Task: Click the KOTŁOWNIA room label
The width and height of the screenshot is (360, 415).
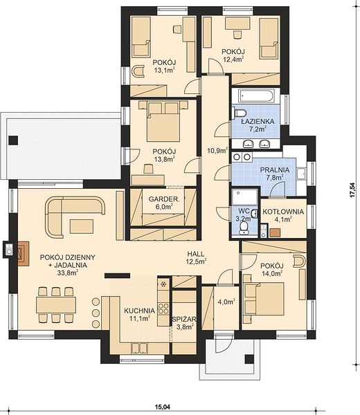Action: click(x=283, y=212)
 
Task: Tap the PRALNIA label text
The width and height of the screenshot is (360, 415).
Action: click(x=274, y=170)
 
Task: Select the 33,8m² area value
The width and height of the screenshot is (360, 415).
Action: click(x=68, y=273)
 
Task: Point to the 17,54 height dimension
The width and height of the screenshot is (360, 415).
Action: click(x=352, y=190)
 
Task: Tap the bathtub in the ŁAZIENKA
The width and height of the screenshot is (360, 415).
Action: click(x=255, y=96)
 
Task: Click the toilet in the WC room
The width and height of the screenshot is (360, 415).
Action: click(x=243, y=228)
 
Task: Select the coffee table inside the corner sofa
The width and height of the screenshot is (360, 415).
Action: click(x=82, y=227)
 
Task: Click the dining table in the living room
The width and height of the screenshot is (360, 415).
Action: click(x=56, y=305)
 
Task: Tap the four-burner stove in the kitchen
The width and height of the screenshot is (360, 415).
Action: click(x=163, y=308)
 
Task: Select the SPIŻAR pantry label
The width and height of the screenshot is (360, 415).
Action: click(x=184, y=320)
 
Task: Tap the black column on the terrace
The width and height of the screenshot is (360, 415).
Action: click(x=13, y=140)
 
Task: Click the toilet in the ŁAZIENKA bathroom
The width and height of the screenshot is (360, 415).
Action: click(x=240, y=113)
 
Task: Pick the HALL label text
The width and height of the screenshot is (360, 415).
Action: click(x=196, y=254)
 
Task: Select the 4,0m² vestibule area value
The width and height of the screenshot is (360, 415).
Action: click(x=226, y=302)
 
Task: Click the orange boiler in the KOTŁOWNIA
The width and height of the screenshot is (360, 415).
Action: click(x=275, y=232)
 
